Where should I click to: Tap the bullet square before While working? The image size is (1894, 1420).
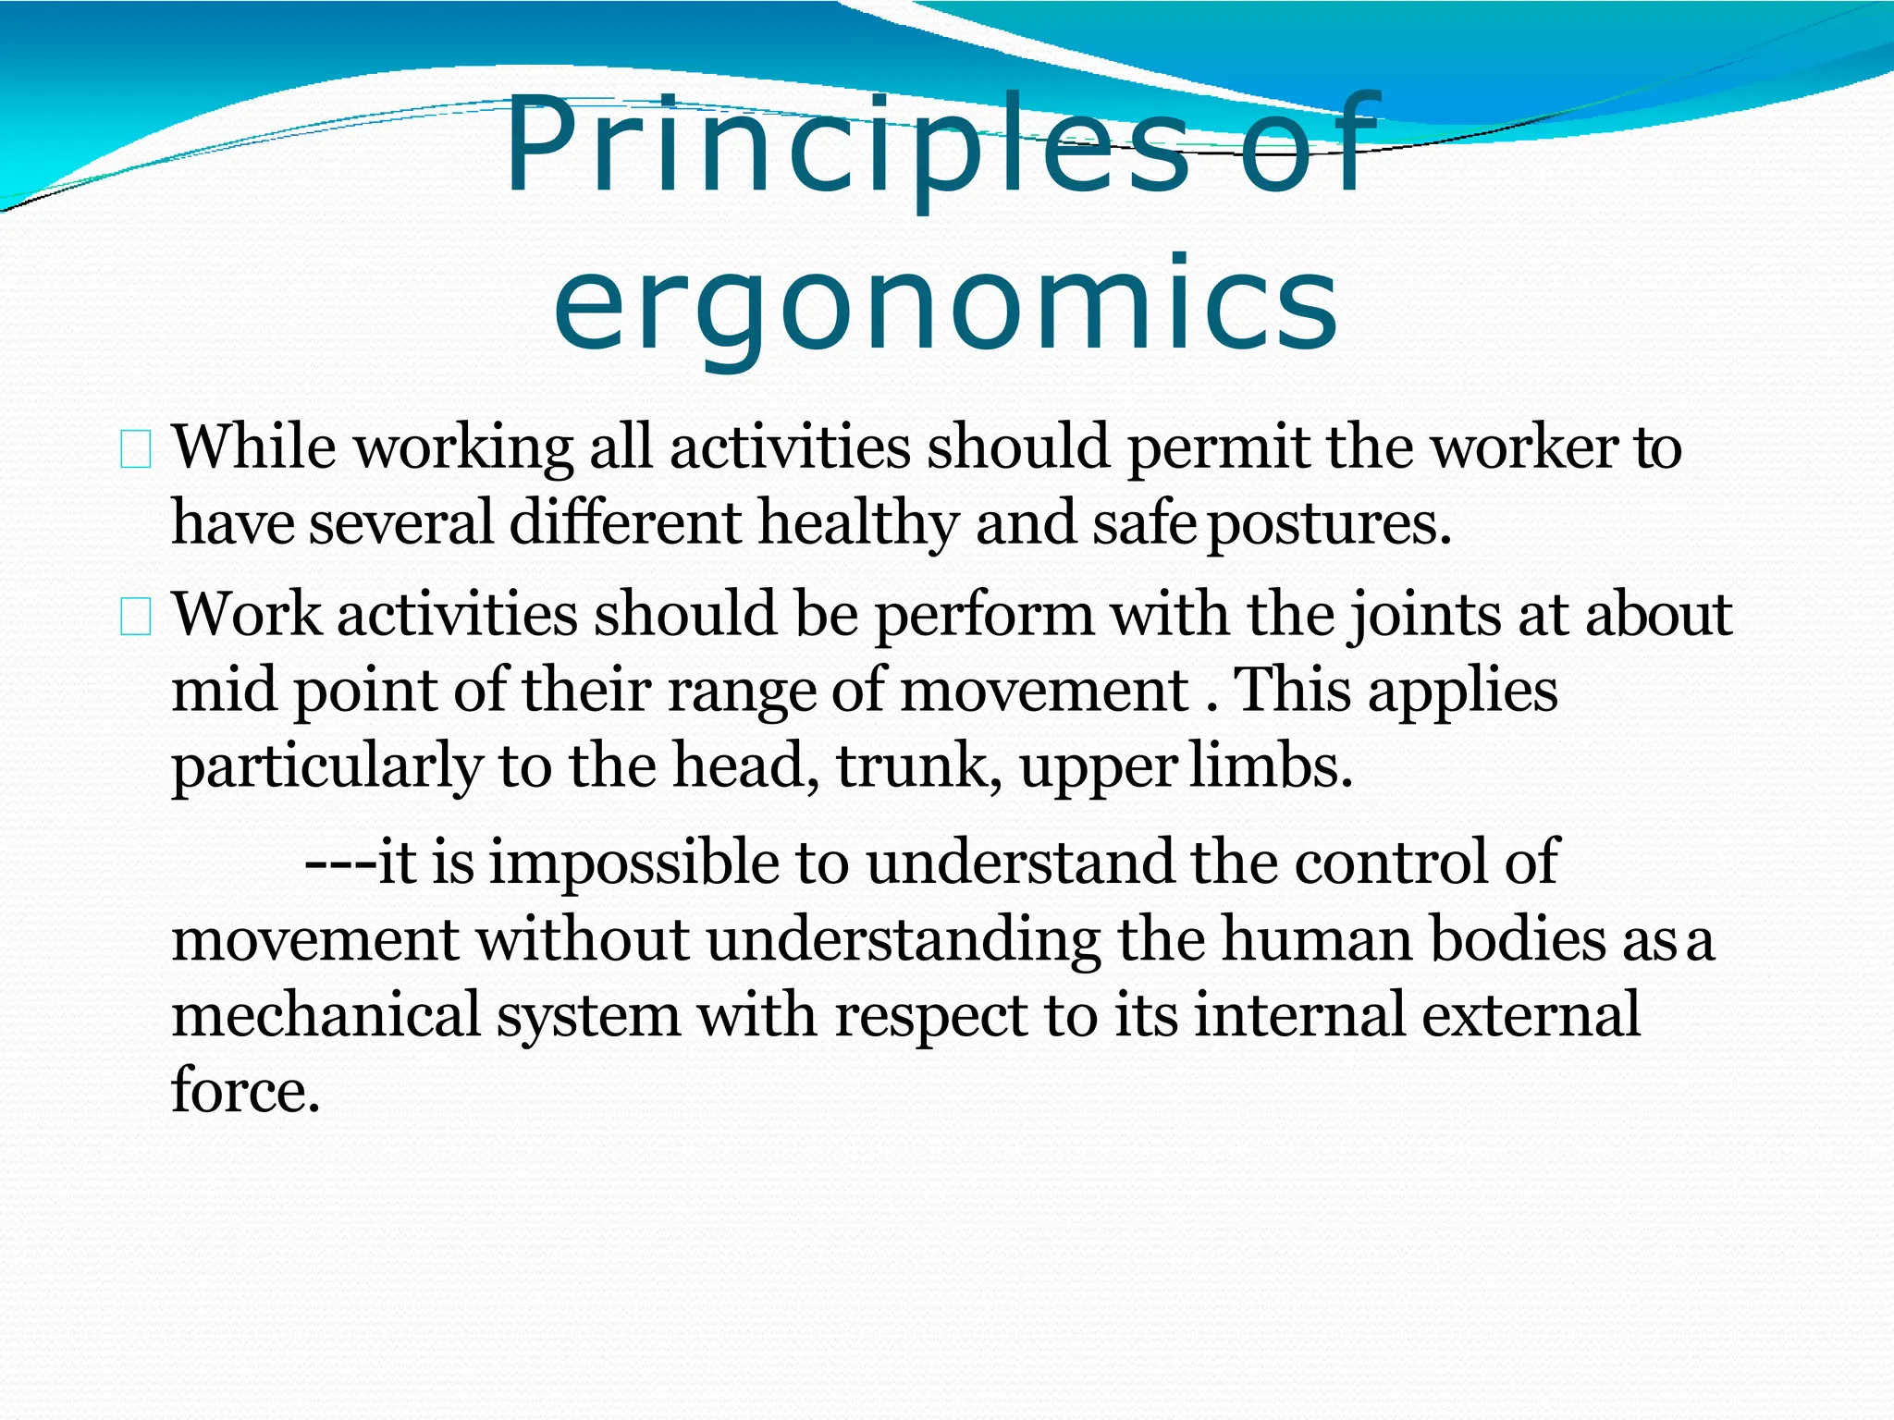click(135, 451)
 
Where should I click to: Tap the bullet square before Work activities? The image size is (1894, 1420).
click(135, 618)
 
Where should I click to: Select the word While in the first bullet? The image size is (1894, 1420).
click(254, 447)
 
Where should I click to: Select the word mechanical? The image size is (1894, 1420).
click(326, 1015)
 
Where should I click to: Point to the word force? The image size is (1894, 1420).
click(244, 1091)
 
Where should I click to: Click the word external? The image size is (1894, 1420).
click(1531, 1015)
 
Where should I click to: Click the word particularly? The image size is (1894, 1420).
click(326, 767)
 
